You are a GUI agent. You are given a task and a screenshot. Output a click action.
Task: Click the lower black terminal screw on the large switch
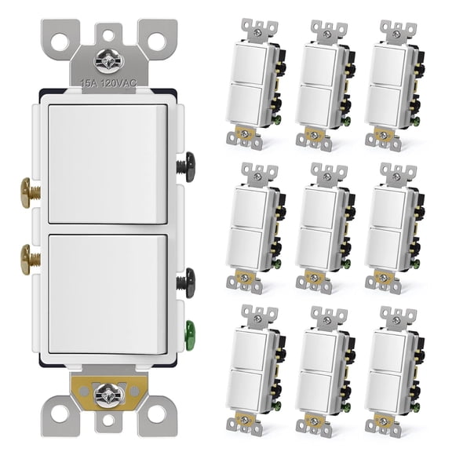coord(186,279)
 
